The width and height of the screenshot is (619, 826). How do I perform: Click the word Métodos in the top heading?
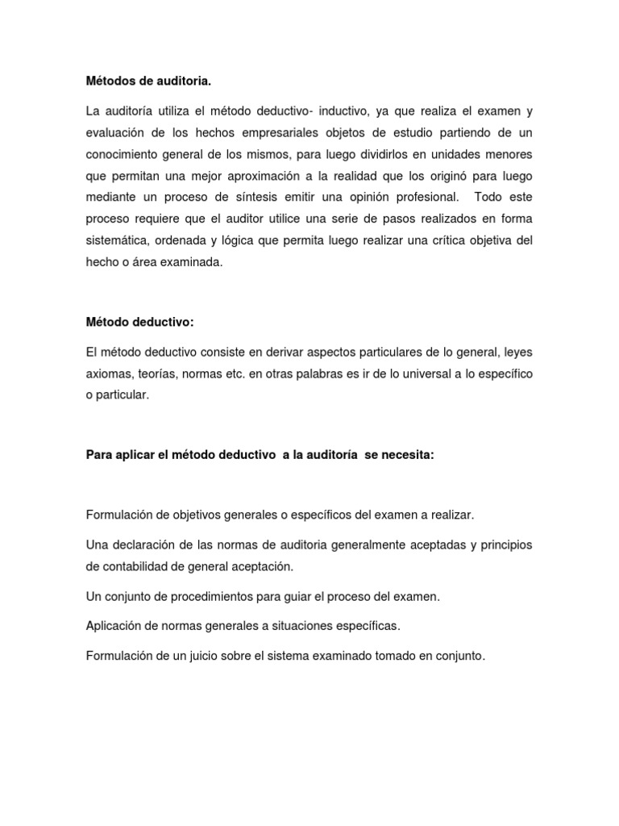coord(110,81)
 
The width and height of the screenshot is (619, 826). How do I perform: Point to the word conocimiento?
coord(123,154)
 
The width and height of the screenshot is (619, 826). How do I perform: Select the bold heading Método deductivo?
coord(140,323)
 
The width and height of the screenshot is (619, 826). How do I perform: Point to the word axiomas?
coord(108,374)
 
